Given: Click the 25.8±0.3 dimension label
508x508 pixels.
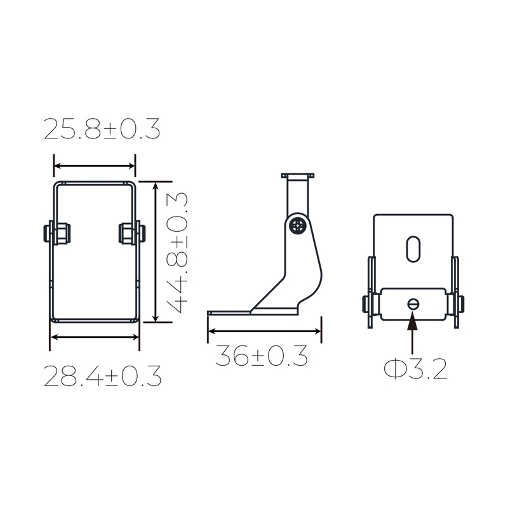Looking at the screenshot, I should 102,130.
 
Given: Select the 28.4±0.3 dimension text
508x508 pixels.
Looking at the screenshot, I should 102,377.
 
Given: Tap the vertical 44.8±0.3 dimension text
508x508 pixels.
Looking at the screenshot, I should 180,251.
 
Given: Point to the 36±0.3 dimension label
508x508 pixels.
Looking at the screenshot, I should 261,356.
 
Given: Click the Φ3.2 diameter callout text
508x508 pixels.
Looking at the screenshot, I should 415,369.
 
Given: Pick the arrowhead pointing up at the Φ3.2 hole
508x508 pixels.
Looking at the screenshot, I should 413,320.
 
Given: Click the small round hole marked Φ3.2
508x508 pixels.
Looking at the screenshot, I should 413,304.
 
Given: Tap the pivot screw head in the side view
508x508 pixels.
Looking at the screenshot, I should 298,225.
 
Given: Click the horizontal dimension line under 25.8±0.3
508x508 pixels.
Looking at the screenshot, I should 95,166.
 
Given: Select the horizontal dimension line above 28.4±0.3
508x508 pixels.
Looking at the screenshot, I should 95,337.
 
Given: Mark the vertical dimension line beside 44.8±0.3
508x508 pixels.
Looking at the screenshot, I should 156,251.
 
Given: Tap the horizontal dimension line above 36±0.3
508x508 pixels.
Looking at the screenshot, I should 264,331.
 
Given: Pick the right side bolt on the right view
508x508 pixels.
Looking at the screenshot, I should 458,305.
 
